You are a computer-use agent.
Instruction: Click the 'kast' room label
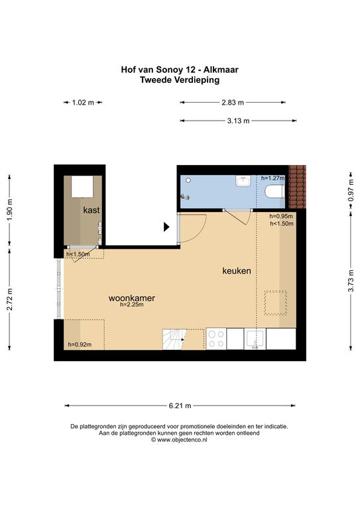click(x=91, y=210)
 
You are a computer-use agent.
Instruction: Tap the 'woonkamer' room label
click(x=131, y=298)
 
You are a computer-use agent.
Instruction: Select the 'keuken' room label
click(x=236, y=270)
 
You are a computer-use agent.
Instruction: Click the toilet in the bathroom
click(x=274, y=192)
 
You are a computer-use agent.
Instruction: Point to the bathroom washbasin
click(x=243, y=181)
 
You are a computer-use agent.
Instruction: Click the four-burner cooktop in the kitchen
click(x=216, y=339)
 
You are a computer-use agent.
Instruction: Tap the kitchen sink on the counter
click(x=255, y=339)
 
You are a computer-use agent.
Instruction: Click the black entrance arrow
click(x=166, y=227)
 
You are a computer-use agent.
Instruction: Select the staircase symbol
click(x=174, y=339)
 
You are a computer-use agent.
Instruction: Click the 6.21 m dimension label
click(x=180, y=406)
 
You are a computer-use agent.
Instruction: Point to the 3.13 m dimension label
click(x=238, y=121)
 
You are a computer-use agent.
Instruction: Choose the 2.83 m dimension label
click(x=233, y=103)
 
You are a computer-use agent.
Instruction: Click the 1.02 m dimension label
click(x=83, y=103)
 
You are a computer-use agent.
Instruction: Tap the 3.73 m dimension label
click(x=351, y=280)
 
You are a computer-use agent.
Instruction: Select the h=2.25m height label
click(x=131, y=305)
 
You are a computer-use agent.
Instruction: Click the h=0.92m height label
click(x=80, y=345)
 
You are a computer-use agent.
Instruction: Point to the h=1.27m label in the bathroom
click(x=272, y=178)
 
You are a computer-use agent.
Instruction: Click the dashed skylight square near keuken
click(x=276, y=303)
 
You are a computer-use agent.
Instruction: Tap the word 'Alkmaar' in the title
click(x=221, y=70)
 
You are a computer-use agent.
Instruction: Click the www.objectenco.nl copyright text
click(x=179, y=440)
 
